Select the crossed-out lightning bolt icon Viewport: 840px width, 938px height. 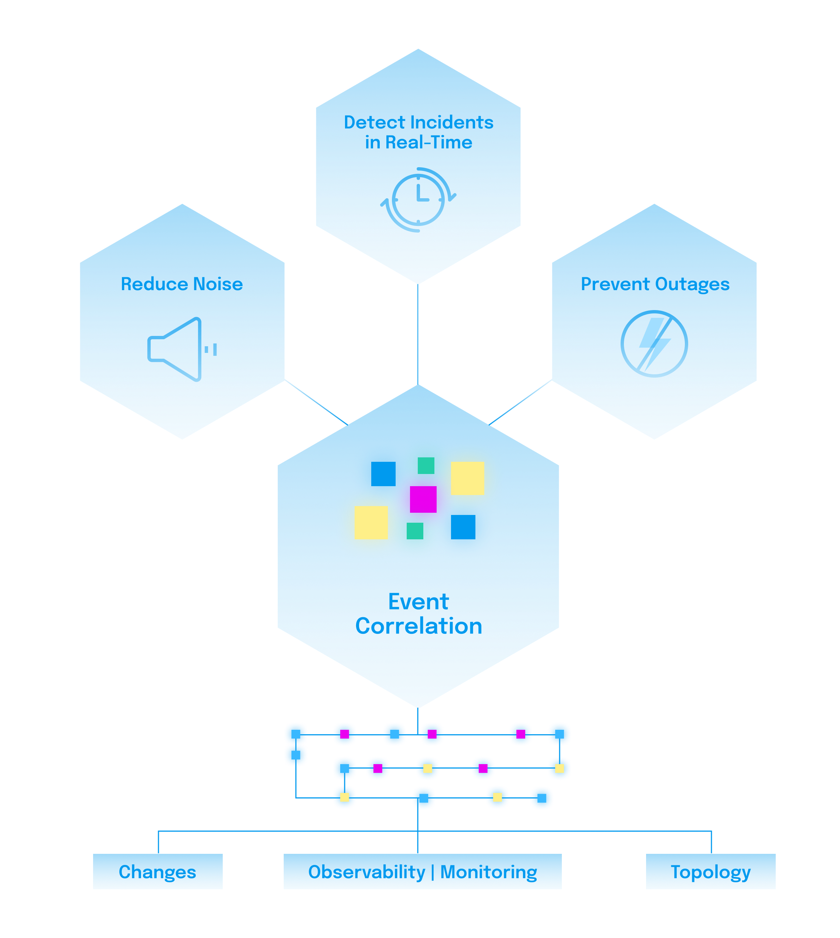654,344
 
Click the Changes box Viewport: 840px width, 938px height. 157,872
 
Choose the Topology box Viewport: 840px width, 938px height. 710,872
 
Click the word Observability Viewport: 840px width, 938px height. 366,872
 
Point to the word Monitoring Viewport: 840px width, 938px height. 488,872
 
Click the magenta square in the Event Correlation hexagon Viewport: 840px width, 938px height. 423,499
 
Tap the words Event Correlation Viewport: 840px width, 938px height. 418,614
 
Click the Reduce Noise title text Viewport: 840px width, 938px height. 182,284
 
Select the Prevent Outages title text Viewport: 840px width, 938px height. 655,284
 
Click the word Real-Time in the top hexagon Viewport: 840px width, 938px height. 429,142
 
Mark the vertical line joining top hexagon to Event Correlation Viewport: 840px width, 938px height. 418,334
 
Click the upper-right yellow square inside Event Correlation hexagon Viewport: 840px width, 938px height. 467,478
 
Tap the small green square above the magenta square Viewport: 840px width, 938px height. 426,465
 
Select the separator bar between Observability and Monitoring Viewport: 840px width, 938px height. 433,872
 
